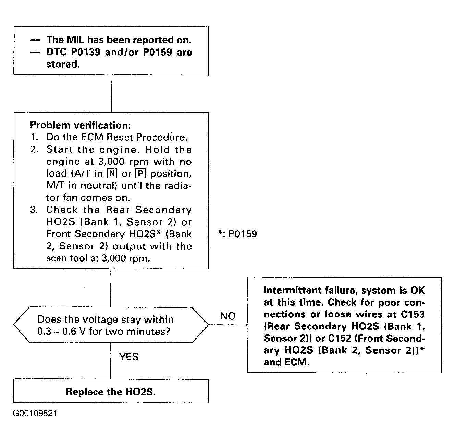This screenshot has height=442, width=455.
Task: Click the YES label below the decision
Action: click(129, 357)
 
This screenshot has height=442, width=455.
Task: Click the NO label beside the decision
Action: click(228, 316)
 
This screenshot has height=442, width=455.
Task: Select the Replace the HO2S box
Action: click(111, 392)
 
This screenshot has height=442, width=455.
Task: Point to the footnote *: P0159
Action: click(237, 234)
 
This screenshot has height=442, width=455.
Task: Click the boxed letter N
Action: click(112, 174)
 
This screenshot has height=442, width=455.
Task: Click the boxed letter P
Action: click(141, 174)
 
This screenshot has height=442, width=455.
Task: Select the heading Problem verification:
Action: click(80, 125)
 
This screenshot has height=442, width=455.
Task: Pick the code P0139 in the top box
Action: click(86, 52)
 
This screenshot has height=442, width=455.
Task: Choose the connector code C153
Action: click(413, 314)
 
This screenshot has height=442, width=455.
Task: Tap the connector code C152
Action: click(340, 338)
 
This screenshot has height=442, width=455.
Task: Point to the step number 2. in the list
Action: click(34, 149)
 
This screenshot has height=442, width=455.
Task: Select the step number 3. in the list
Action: click(34, 210)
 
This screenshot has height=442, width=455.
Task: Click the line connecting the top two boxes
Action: click(111, 94)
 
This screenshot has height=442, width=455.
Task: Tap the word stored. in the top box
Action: click(63, 64)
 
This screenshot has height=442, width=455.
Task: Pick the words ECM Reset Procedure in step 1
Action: click(134, 137)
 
